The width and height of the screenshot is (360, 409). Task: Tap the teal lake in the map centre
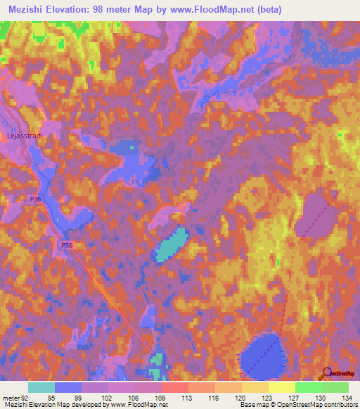170,245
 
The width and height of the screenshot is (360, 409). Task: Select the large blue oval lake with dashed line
262,354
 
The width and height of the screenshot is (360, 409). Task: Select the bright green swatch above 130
309,387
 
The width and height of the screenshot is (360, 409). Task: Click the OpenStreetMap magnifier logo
326,372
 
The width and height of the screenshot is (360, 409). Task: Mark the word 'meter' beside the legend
11,398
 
